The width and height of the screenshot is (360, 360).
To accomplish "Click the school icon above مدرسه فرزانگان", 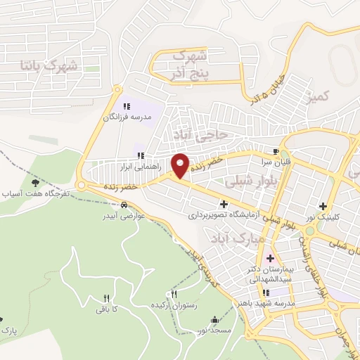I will [x=127, y=106].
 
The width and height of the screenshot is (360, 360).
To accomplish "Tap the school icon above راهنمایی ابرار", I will [x=141, y=155].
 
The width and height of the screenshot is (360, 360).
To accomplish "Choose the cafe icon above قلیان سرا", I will [x=276, y=151].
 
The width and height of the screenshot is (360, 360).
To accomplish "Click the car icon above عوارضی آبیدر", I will [x=124, y=205].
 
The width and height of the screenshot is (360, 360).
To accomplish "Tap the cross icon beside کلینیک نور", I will [x=323, y=207].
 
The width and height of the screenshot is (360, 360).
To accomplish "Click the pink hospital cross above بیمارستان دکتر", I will [x=270, y=258].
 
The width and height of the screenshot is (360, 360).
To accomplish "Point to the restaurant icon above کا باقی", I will [x=106, y=298].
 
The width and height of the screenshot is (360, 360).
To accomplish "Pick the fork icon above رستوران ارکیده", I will [x=174, y=294].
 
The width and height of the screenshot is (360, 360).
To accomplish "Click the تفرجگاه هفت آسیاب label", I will [x=34, y=192].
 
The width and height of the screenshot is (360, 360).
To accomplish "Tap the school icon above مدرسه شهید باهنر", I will [x=266, y=293].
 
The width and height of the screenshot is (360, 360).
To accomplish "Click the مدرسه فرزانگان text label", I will [x=127, y=117].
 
